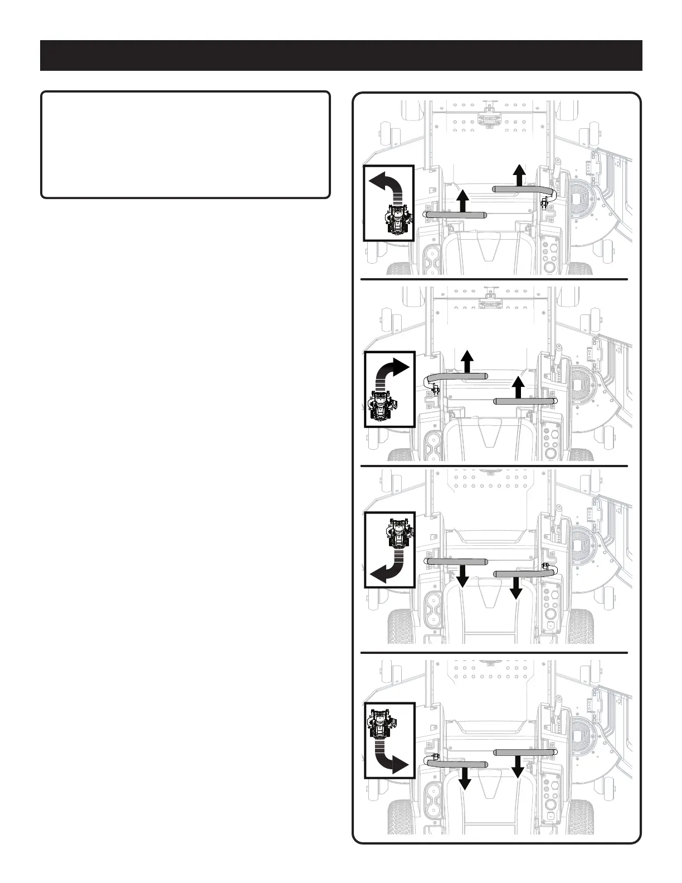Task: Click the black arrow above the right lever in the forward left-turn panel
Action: tap(519, 175)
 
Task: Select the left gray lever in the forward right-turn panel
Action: tap(457, 377)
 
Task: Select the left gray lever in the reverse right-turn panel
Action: tap(458, 764)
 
